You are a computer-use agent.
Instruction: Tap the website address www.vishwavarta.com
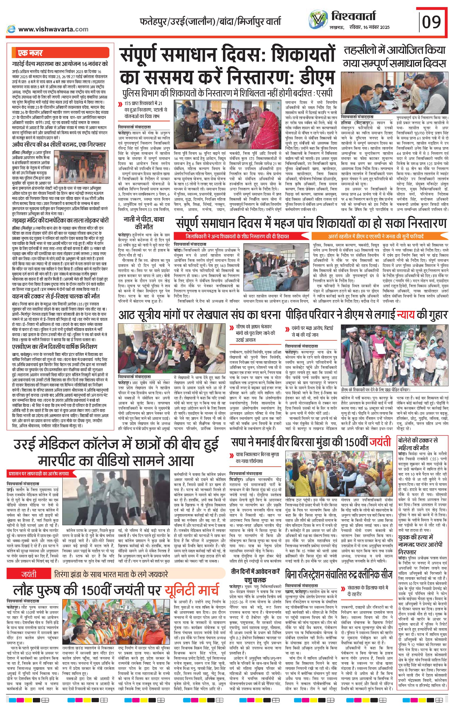(53, 29)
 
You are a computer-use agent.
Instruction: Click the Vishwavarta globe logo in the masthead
(318, 20)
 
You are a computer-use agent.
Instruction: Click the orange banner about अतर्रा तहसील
(376, 236)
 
